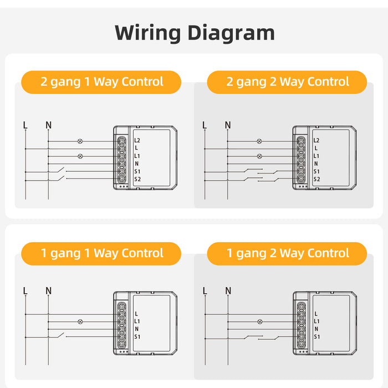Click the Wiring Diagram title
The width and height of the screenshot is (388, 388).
click(195, 33)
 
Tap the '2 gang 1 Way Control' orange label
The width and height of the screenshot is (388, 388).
click(101, 82)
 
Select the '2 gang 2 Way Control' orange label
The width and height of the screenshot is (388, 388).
click(287, 82)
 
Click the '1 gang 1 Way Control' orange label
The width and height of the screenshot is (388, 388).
click(101, 253)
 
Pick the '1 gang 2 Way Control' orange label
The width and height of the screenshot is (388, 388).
click(287, 253)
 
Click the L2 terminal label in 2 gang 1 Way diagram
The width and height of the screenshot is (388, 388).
click(137, 140)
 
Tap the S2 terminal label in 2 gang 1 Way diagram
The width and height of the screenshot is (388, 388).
click(137, 179)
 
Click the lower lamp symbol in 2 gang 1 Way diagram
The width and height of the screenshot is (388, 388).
click(80, 156)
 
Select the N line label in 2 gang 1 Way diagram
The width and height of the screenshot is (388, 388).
click(48, 125)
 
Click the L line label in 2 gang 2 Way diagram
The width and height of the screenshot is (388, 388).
click(205, 125)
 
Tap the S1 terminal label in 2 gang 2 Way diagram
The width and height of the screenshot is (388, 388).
click(316, 171)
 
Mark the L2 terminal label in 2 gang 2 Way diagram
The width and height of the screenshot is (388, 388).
click(316, 141)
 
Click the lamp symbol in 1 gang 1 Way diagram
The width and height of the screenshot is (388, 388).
click(80, 321)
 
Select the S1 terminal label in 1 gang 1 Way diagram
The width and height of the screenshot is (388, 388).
click(137, 337)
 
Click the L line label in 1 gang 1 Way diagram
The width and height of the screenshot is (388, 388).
click(25, 290)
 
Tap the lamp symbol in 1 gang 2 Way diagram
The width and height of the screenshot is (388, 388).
click(259, 321)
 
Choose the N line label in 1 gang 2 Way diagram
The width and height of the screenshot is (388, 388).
click(228, 290)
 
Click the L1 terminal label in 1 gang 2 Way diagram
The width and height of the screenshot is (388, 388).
click(316, 321)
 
